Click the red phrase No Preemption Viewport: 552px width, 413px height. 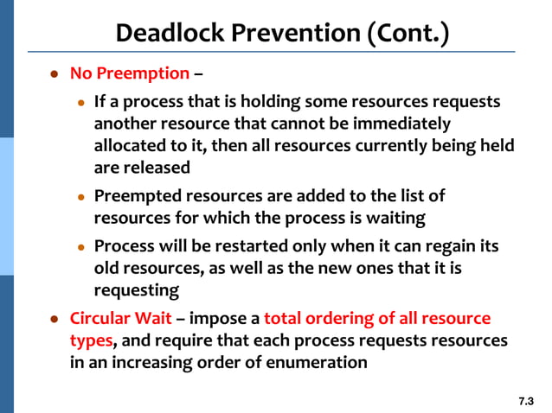point(129,74)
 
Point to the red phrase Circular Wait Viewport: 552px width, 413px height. point(120,319)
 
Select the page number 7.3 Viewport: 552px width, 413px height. point(526,401)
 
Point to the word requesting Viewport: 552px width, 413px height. point(136,289)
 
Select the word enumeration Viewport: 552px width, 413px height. point(317,362)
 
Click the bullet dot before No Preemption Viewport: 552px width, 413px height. point(53,75)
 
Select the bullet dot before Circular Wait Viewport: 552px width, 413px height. point(53,320)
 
